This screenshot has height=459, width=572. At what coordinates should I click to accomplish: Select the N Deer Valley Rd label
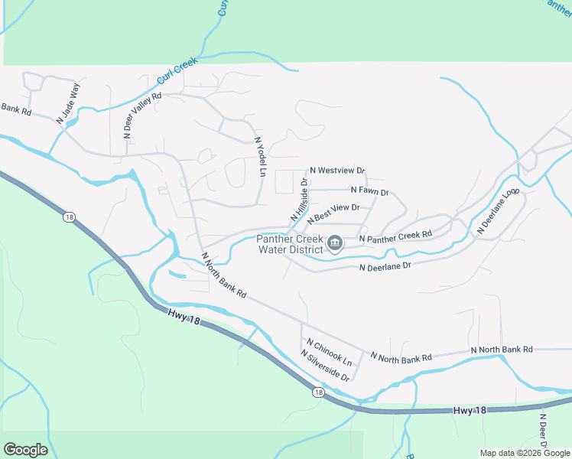click(143, 115)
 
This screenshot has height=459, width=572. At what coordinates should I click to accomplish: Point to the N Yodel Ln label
click(261, 155)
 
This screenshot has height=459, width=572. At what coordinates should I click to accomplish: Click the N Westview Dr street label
click(337, 171)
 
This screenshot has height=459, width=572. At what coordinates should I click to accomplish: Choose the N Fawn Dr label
click(370, 190)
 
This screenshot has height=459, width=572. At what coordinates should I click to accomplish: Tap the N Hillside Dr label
click(298, 201)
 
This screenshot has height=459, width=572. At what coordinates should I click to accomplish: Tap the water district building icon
click(335, 244)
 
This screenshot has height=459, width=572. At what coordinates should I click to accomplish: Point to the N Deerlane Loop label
click(499, 211)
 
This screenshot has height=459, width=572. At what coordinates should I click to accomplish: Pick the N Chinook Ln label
click(330, 351)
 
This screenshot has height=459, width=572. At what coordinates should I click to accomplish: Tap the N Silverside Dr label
click(325, 366)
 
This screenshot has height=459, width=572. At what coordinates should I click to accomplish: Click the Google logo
click(25, 450)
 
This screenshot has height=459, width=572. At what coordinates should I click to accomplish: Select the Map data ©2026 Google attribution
click(524, 453)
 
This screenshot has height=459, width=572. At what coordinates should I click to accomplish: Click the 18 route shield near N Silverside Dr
click(317, 392)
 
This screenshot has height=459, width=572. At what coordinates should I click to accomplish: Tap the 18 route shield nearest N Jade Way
click(70, 218)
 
